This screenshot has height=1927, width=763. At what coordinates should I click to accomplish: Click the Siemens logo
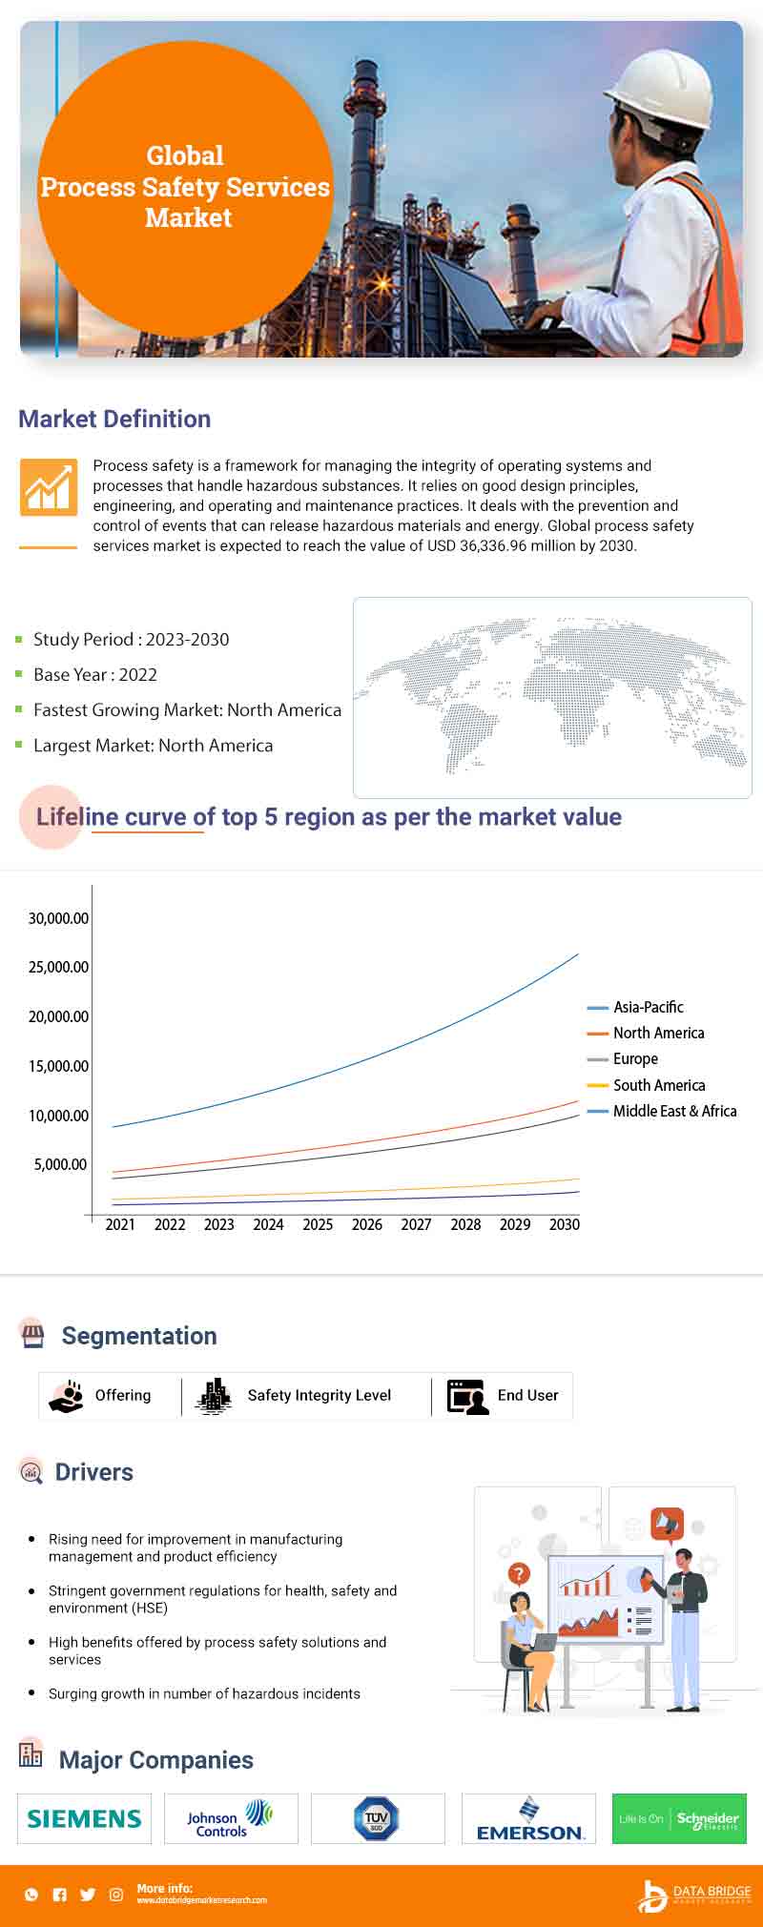pos(84,1818)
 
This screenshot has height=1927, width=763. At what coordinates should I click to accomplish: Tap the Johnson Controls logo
pos(231,1818)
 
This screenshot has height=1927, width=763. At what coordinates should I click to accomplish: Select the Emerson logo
pos(529,1819)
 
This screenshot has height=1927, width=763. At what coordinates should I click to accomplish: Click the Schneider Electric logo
pos(679,1818)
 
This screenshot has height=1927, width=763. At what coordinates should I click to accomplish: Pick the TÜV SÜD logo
pos(377,1818)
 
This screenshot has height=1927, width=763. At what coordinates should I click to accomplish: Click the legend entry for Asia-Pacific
pos(648,1007)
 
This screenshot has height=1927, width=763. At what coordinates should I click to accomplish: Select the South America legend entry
pos(658,1085)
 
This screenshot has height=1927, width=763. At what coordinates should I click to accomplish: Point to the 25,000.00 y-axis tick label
pos(58,967)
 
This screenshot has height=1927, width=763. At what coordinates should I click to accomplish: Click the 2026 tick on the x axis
pos(367,1224)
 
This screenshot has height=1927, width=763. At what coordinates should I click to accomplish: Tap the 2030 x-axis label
pos(564,1224)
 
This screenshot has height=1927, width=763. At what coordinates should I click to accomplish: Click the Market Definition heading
pos(114,419)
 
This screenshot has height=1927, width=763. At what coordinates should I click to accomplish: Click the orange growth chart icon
pos(48,486)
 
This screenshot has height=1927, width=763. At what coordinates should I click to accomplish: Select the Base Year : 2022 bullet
pos(94,674)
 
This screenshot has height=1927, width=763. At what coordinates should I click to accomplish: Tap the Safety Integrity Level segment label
pos(319,1395)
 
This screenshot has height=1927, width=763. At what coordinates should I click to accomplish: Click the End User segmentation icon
pos(467,1396)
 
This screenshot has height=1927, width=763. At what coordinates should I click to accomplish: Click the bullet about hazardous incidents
pos(204,1693)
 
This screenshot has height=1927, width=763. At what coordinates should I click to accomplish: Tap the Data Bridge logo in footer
pos(694,1896)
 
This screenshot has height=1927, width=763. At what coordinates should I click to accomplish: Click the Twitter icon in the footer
pos(88,1895)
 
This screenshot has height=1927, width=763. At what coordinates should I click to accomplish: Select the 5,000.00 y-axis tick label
pos(60,1164)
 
